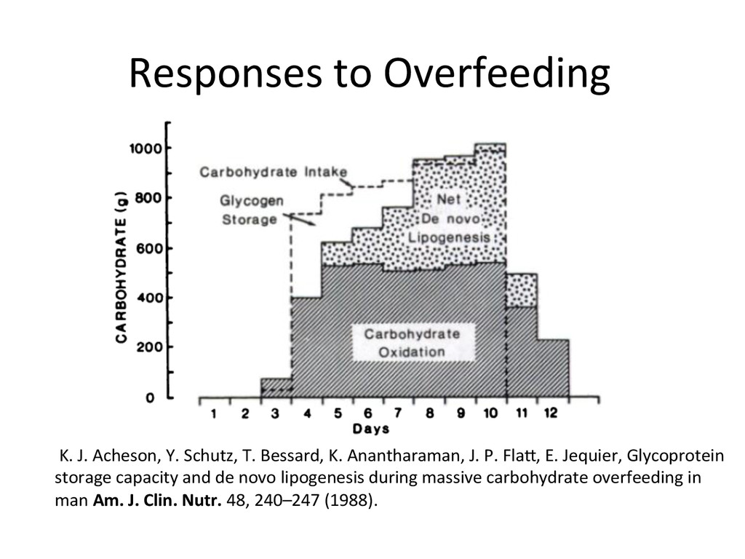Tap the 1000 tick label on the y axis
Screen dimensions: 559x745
[146, 149]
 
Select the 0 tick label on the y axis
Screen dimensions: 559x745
[148, 398]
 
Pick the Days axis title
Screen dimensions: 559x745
[371, 429]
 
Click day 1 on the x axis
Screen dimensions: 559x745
[214, 414]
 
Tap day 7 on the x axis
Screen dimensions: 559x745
[399, 414]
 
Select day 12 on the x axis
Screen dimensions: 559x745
[550, 414]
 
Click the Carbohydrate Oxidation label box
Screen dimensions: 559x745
[412, 343]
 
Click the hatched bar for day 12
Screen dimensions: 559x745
[553, 368]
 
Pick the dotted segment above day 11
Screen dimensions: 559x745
[522, 290]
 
